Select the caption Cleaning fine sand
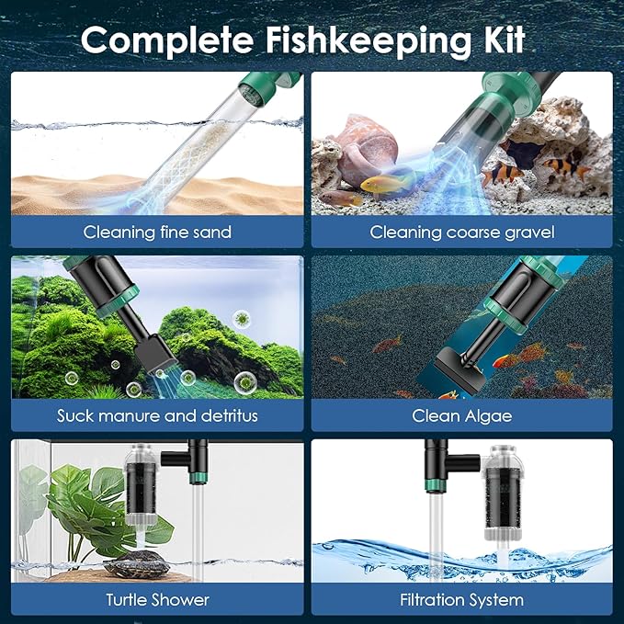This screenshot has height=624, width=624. point(157,232)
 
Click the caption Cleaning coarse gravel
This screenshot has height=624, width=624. point(462,232)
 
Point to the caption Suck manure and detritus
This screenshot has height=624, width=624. point(157,415)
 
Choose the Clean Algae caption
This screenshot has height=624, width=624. point(462,415)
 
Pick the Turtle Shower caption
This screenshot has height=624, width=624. point(157,600)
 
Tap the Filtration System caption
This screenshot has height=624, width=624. point(462,600)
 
